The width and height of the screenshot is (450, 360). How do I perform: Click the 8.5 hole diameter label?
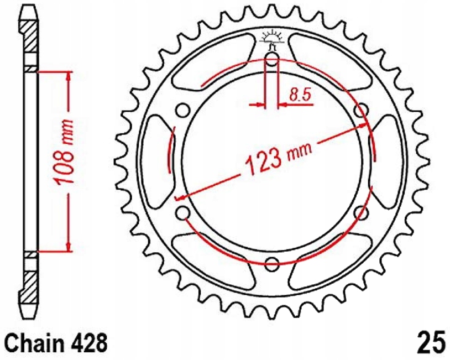[300, 95]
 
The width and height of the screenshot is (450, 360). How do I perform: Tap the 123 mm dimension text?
[278, 157]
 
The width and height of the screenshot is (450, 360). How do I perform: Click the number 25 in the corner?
[431, 342]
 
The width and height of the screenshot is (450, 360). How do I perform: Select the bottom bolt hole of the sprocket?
[272, 264]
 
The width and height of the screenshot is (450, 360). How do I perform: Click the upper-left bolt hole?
[182, 111]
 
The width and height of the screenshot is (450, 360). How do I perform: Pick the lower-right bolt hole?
[361, 213]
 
